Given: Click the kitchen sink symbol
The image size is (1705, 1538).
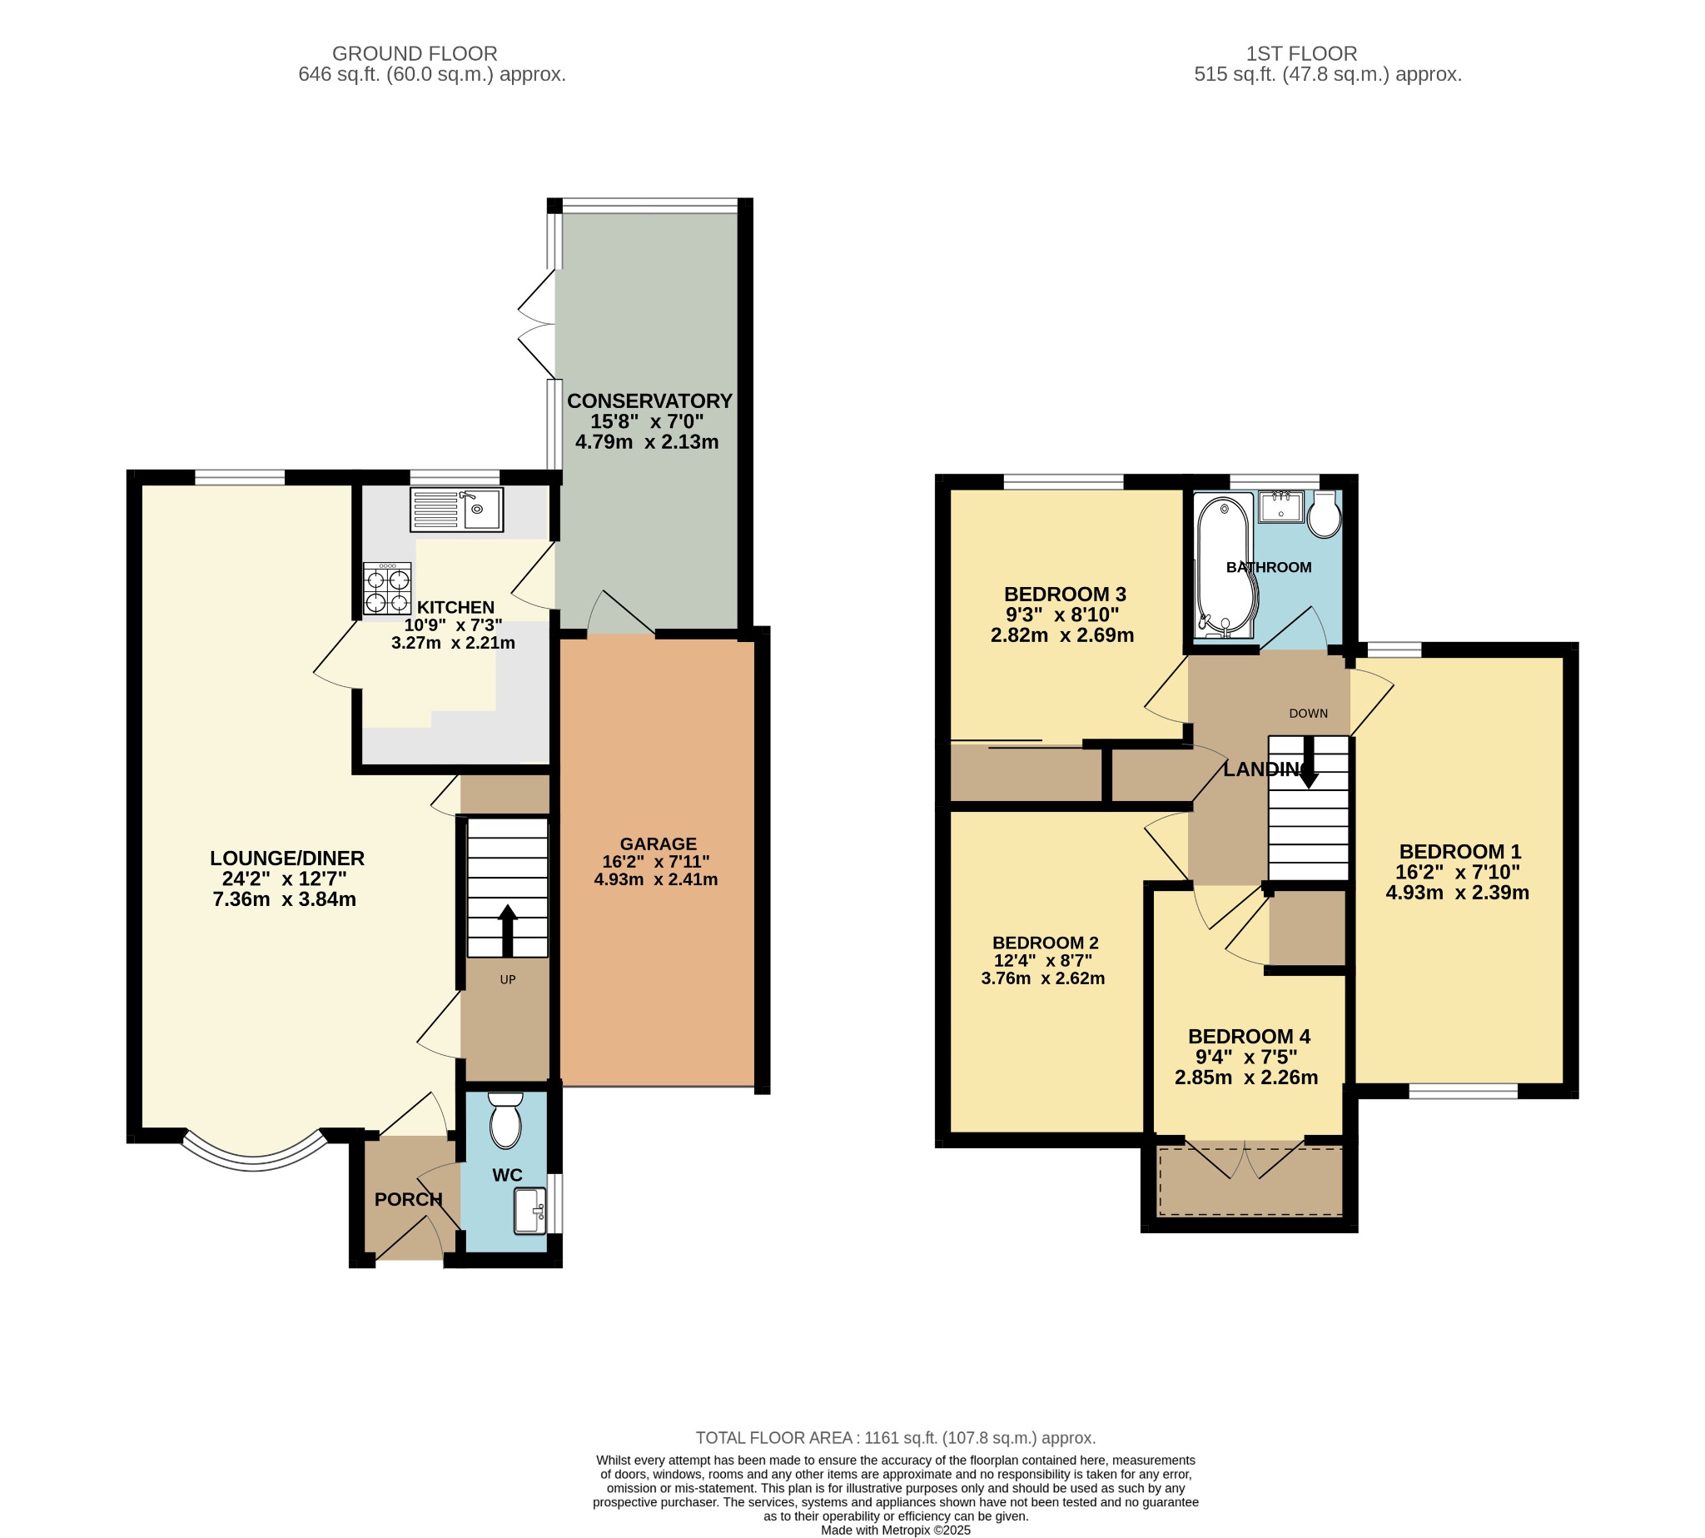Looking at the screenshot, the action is pyautogui.click(x=456, y=510).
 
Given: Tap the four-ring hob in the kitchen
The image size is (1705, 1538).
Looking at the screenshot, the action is pyautogui.click(x=387, y=589).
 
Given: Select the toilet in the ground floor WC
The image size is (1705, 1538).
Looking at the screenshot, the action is pyautogui.click(x=505, y=1121).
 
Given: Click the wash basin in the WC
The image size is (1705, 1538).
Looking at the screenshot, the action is pyautogui.click(x=530, y=1211).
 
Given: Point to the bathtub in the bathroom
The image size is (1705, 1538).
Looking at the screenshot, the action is pyautogui.click(x=1225, y=565).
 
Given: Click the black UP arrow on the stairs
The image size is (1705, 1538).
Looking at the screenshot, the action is pyautogui.click(x=507, y=930).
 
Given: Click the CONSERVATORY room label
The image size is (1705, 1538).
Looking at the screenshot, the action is pyautogui.click(x=649, y=401).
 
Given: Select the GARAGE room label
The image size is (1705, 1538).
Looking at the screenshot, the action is pyautogui.click(x=659, y=844).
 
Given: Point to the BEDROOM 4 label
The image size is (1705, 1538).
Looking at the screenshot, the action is pyautogui.click(x=1249, y=1036).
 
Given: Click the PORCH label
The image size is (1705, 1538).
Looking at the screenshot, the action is pyautogui.click(x=408, y=1199).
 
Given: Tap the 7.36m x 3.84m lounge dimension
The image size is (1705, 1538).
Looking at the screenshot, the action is pyautogui.click(x=284, y=899).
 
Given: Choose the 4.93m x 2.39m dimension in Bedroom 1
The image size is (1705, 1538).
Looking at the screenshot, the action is pyautogui.click(x=1457, y=893).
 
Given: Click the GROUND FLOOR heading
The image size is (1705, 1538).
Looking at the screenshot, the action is pyautogui.click(x=414, y=53).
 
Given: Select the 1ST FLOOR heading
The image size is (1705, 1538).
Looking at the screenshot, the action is pyautogui.click(x=1301, y=53).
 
